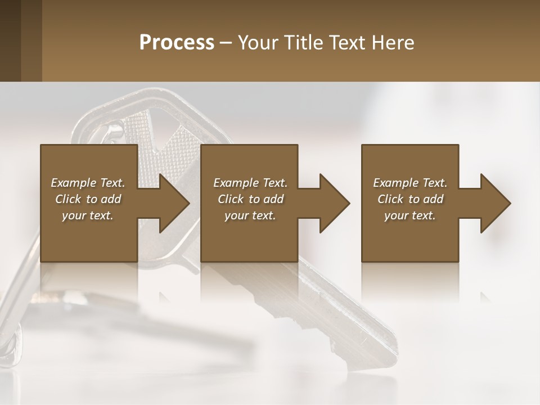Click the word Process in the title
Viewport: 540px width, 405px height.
177,43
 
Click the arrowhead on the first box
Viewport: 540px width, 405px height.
174,203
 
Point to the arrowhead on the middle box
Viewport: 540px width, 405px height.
335,203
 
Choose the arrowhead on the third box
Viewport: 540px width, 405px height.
496,203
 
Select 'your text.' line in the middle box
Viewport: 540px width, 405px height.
250,215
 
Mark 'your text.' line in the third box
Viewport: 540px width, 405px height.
410,215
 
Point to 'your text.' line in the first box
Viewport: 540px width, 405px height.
88,215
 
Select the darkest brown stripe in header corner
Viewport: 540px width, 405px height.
10,40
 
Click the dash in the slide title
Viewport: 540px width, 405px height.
226,43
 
